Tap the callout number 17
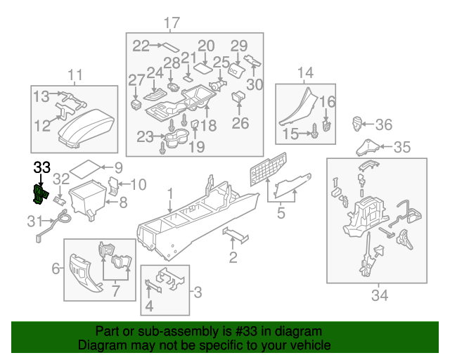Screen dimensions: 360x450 pos(172,23)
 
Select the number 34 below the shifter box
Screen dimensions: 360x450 pos(379,295)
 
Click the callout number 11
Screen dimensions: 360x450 pos(75,75)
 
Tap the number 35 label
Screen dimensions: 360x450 pos(401,148)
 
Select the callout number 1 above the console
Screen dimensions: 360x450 pos(169,192)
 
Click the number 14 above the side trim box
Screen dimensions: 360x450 pos(304,73)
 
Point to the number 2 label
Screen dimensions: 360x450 pos(233,257)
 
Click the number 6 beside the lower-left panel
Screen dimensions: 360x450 pos(56,268)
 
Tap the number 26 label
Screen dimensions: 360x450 pos(240,124)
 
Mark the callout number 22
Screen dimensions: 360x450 pos(141,46)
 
